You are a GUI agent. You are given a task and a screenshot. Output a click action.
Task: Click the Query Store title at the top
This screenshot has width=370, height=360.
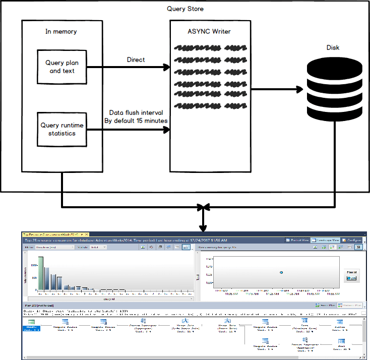point(185,9)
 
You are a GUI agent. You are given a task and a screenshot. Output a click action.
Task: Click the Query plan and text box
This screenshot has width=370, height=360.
point(62,67)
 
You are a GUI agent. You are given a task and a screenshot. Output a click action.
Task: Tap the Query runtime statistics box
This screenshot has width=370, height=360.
point(62,130)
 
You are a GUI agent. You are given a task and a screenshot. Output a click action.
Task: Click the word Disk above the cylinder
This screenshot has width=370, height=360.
point(333,48)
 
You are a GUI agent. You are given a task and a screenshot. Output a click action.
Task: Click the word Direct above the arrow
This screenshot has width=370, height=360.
point(136,59)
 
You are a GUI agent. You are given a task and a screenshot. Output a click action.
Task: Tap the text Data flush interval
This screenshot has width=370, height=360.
point(136,113)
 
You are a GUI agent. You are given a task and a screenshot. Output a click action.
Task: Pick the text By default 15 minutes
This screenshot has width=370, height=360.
point(136,121)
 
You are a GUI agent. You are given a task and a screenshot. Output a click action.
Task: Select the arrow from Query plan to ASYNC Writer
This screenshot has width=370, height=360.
point(129,67)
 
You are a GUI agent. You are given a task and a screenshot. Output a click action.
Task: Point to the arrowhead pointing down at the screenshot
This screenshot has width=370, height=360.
point(203,227)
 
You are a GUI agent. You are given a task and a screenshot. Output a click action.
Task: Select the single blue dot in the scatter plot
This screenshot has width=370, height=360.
point(281,272)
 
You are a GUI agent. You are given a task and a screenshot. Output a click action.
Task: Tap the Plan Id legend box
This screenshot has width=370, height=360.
point(352,275)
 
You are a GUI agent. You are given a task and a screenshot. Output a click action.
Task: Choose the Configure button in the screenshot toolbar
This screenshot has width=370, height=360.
point(351,241)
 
